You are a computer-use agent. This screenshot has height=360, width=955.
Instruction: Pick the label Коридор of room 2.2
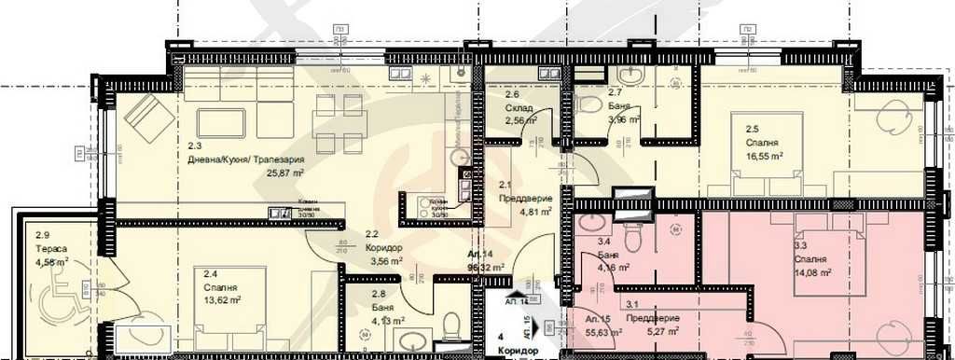point(382,248)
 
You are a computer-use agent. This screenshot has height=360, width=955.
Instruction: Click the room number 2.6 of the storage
point(512,95)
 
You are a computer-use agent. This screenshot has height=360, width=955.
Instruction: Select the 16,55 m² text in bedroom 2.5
point(763,157)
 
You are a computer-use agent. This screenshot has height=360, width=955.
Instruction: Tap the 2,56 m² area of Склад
point(519,121)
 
